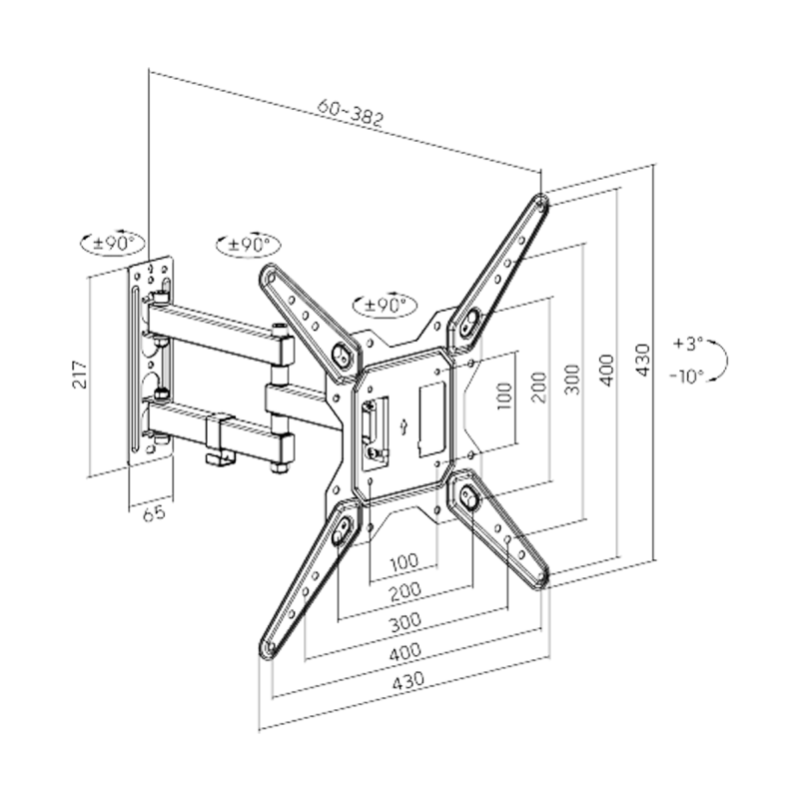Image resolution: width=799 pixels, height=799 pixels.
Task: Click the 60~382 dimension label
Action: (x=353, y=116)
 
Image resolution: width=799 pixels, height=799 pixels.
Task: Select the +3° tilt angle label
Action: (x=688, y=343)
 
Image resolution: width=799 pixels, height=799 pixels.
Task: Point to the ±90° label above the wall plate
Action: (x=112, y=243)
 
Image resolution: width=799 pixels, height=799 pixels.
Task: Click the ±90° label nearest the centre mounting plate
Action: (x=384, y=303)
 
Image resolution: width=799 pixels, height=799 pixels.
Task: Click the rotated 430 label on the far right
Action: (x=644, y=359)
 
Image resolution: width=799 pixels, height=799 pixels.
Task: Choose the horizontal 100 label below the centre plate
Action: (x=403, y=561)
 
